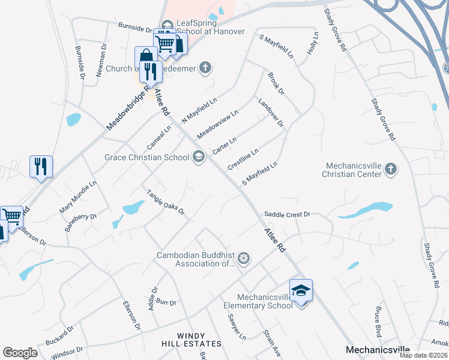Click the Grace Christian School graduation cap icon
coord(198,158)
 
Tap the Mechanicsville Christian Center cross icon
coord(390,169)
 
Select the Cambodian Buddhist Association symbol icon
coord(243,259)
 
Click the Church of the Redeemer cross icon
coord(205,68)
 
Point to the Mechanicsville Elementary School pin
coord(301,292)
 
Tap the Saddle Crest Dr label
coord(287,214)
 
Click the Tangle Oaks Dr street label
coord(166,202)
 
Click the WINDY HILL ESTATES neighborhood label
coord(191,340)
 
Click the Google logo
coord(20,353)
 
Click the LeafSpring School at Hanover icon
coord(167,25)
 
